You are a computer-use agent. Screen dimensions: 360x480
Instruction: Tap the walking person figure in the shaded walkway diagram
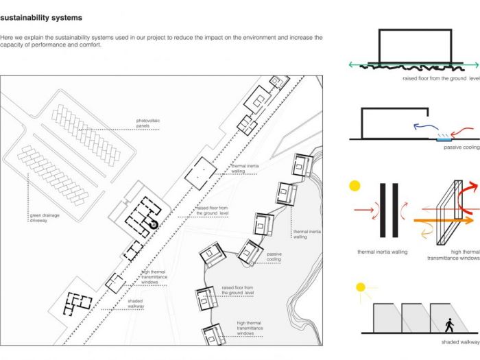450,324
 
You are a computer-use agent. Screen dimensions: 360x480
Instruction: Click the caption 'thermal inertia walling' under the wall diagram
382,252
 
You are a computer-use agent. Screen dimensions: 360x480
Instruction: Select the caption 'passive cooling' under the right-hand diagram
461,147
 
